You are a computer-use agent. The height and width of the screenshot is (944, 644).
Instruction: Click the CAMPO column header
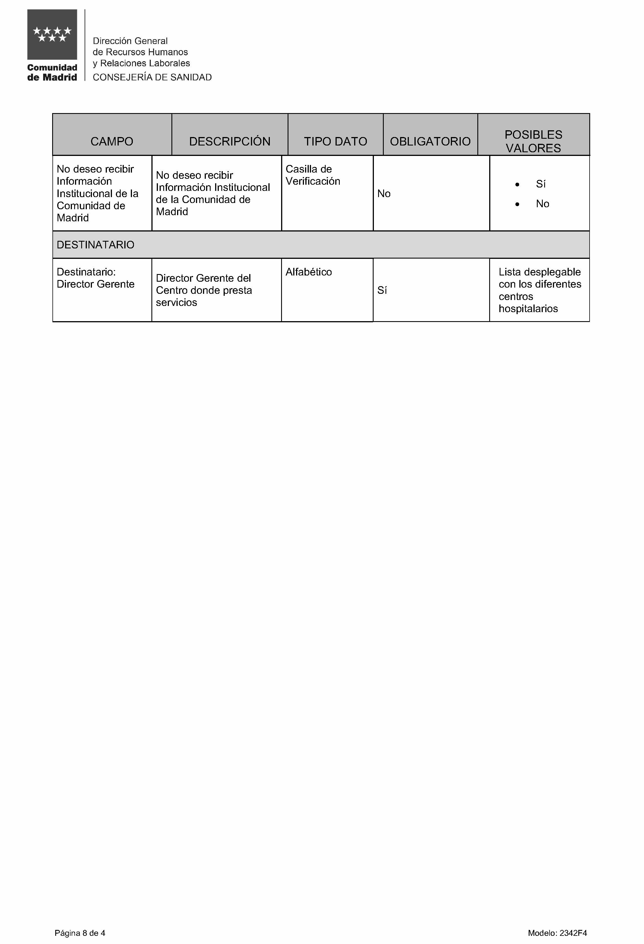[112, 141]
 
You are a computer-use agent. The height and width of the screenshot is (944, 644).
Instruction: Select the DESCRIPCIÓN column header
[230, 141]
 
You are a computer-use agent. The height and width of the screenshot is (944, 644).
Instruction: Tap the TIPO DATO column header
[335, 141]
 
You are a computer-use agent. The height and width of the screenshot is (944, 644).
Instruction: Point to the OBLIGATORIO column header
[430, 141]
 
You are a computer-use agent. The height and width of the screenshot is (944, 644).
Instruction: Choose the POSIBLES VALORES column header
[533, 141]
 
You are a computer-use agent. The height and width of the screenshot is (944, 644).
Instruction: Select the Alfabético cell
[308, 272]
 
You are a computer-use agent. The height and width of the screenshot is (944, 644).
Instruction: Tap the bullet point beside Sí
[517, 184]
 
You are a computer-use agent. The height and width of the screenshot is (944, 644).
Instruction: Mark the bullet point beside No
[517, 204]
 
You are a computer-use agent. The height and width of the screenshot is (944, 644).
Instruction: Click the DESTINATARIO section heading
[96, 244]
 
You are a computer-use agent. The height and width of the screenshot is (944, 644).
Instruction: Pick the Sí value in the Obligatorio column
[382, 290]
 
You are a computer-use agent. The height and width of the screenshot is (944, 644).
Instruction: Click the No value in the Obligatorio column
[383, 194]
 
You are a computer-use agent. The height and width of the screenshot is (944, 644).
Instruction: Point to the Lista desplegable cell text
[540, 290]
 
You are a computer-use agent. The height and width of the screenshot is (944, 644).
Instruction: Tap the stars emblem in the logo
[52, 34]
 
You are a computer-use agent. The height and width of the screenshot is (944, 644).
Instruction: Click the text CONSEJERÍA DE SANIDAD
[152, 77]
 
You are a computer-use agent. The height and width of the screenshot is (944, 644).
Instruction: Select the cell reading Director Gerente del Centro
[204, 290]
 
